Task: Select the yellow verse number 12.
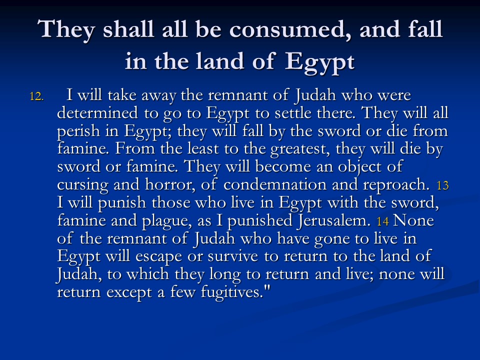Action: click(x=36, y=96)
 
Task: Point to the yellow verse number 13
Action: click(x=442, y=185)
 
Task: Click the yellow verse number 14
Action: click(x=382, y=221)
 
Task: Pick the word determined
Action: click(x=97, y=113)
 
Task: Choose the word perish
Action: click(x=78, y=131)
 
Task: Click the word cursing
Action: click(x=82, y=185)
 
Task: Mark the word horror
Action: click(x=170, y=185)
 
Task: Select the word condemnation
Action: click(x=275, y=184)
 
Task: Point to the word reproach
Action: click(x=396, y=185)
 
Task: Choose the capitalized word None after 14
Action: click(x=413, y=220)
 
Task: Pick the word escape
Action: click(x=158, y=257)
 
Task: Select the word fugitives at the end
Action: click(x=235, y=292)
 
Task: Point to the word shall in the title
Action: click(x=128, y=29)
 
